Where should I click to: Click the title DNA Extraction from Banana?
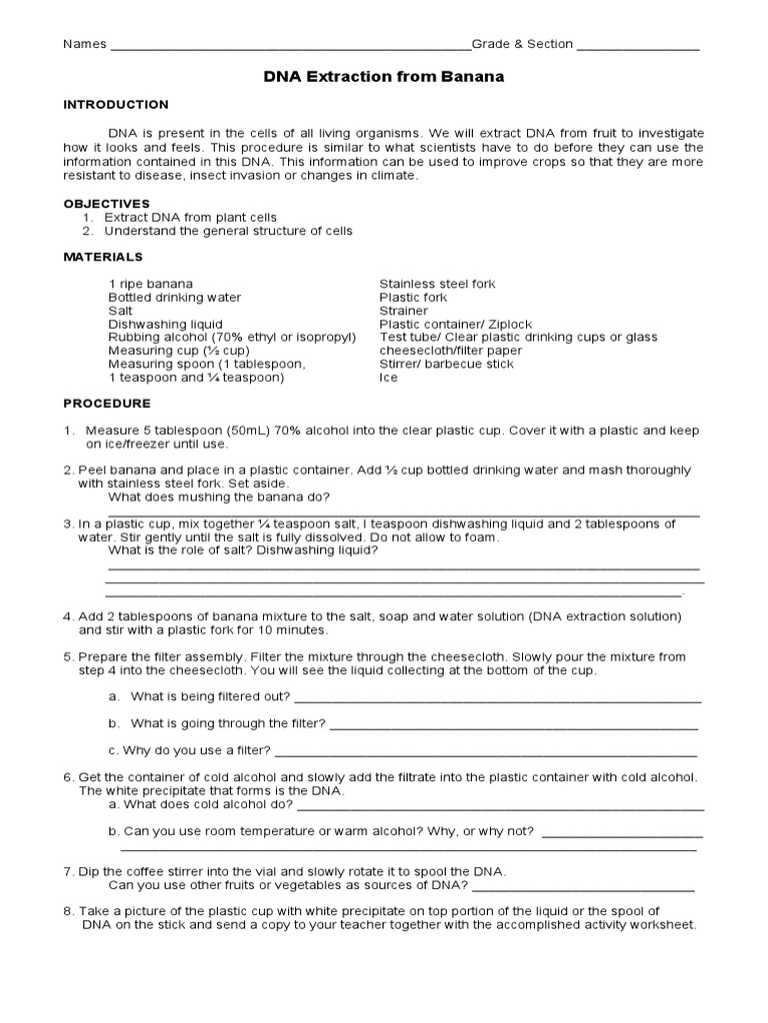[383, 77]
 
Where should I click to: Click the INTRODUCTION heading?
[116, 105]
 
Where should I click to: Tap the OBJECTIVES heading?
[107, 204]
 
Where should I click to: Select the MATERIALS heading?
[104, 257]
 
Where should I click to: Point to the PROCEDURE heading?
[107, 404]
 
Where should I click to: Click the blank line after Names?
[290, 47]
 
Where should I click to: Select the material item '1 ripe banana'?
[151, 285]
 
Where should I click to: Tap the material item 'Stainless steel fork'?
[437, 285]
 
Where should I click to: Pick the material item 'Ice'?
[388, 378]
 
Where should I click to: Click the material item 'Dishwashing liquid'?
[166, 325]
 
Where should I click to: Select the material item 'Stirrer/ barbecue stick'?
[446, 365]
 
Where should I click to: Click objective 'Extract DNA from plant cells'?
[190, 217]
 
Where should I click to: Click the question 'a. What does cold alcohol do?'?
[200, 804]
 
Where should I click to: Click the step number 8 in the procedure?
[68, 911]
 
